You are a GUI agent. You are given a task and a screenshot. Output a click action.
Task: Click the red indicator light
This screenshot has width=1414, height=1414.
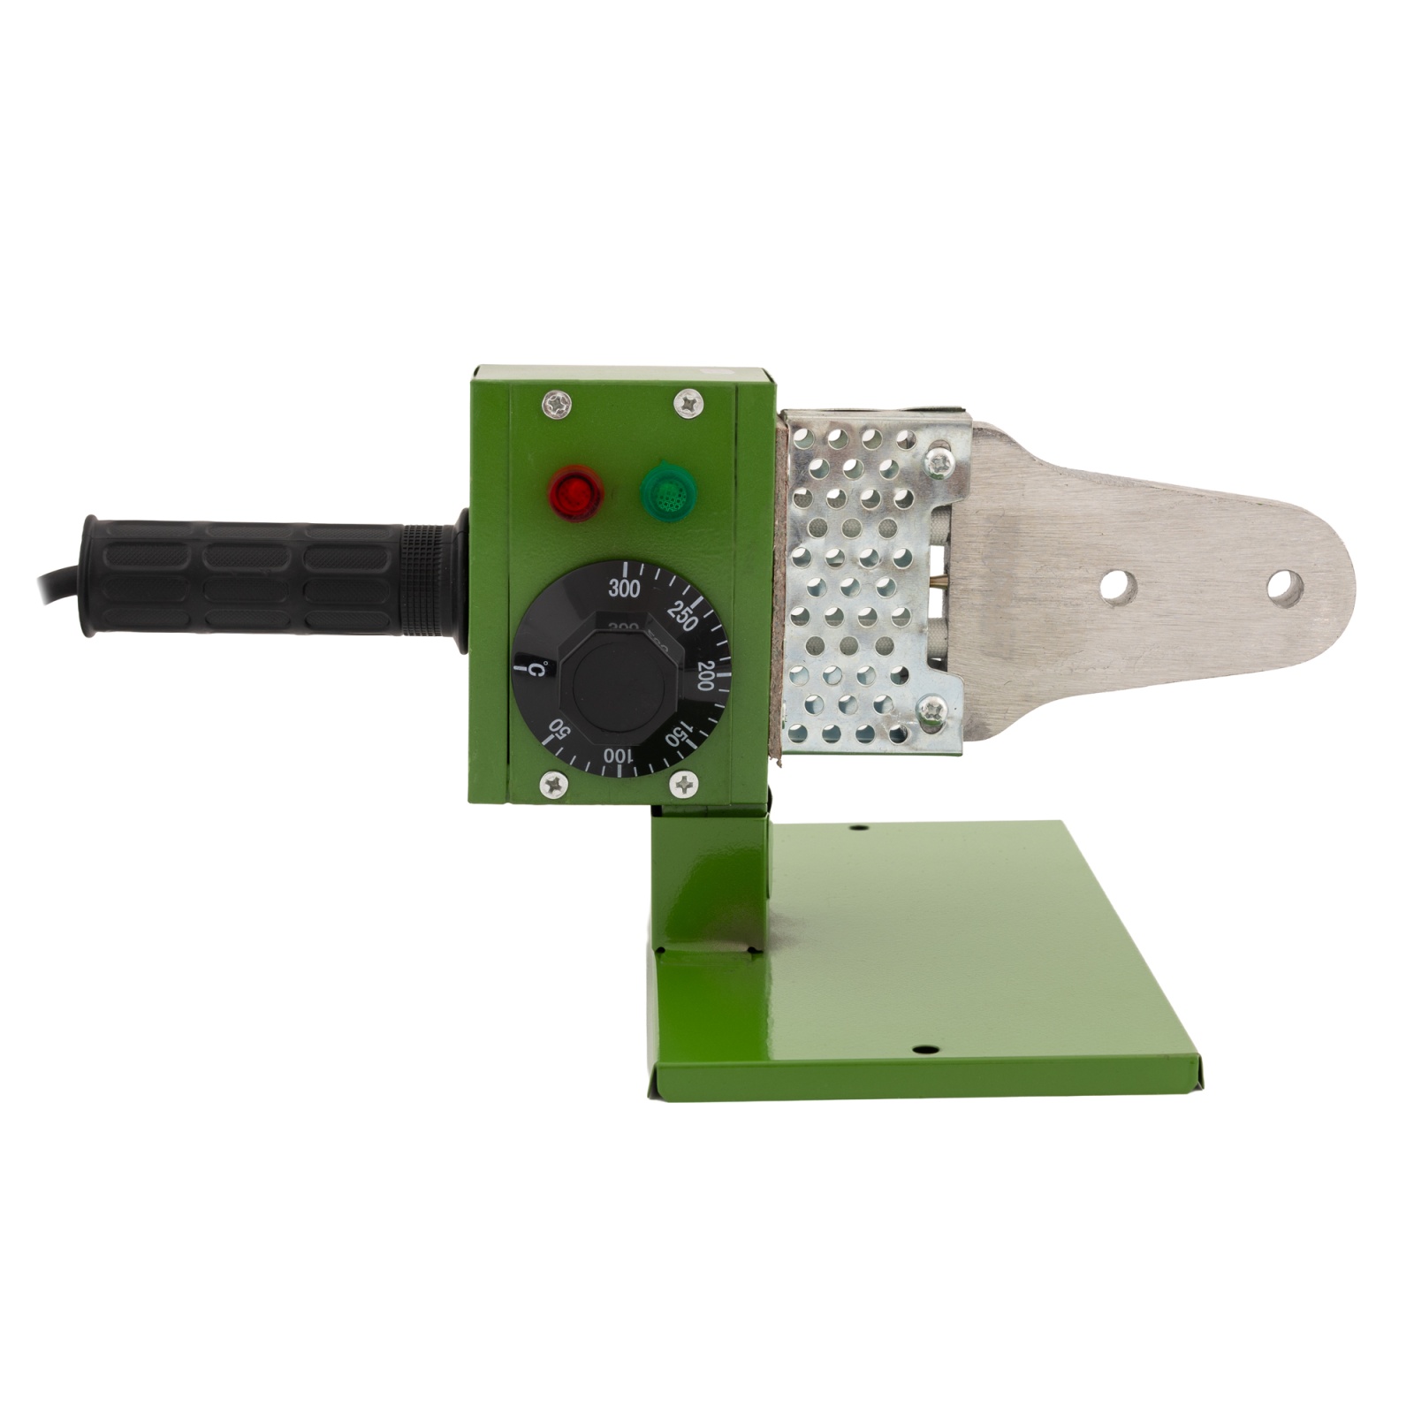tap(575, 492)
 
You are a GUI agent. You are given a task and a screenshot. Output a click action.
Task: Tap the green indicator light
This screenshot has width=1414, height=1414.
tap(669, 492)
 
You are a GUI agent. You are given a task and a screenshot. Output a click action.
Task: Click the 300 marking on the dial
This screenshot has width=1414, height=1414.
tap(624, 589)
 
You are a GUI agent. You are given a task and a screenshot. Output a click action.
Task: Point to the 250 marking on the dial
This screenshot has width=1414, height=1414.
tap(681, 616)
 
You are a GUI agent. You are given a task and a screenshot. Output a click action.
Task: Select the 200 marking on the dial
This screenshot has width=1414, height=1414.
tap(705, 676)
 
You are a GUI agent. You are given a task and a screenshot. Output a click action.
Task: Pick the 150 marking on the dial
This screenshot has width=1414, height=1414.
tap(679, 734)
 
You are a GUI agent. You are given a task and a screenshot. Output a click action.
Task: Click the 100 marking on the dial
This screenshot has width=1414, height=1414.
tap(620, 756)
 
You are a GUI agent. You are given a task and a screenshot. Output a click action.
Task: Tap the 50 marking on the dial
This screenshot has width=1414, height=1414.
tap(559, 730)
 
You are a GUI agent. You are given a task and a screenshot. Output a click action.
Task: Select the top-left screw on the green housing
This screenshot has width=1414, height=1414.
tap(557, 405)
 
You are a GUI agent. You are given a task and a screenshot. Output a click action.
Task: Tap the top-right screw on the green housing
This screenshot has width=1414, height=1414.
tap(688, 404)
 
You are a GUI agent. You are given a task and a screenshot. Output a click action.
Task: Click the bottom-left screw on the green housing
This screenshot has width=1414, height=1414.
tap(552, 783)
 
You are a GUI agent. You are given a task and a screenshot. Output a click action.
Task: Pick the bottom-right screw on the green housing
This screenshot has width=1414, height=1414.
tap(684, 783)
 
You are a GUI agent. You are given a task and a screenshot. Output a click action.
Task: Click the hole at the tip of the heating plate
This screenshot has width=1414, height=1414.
tap(1284, 588)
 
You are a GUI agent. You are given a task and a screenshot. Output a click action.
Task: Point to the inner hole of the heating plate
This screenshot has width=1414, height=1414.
tap(1119, 588)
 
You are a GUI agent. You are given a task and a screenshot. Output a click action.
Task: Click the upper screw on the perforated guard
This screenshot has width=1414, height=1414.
tap(939, 460)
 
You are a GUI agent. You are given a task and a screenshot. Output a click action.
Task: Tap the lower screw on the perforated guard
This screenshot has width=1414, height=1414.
tap(932, 709)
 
